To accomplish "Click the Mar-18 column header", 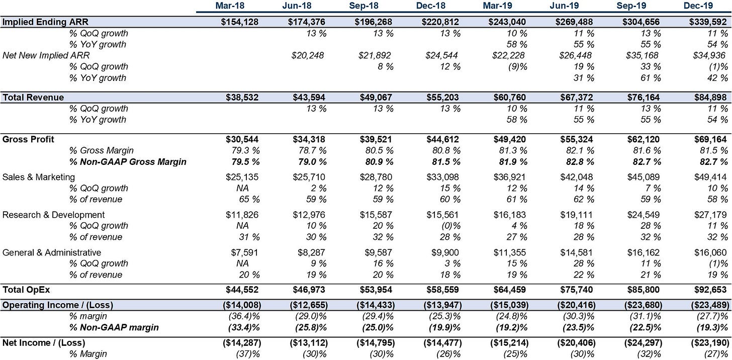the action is pos(230,6).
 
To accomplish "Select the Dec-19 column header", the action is pos(698,6).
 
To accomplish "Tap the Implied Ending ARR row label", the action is pos(45,22).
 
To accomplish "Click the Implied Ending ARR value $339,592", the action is pos(708,22).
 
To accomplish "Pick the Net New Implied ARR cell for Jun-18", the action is pos(308,55).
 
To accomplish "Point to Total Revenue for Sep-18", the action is pos(376,98).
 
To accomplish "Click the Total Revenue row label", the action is pos(33,98).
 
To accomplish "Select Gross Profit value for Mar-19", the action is pos(509,139).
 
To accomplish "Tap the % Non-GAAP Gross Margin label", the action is pos(128,162).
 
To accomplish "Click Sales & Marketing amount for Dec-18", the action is pos(442,177).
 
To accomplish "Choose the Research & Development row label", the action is pos(53,215).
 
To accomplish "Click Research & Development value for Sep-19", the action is pos(643,215).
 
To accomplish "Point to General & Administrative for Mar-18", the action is pos(244,252).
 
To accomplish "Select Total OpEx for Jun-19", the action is pos(577,290).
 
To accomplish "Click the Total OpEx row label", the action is pos(26,290).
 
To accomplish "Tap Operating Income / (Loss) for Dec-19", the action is pos(710,305).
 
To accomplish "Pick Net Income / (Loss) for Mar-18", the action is pos(242,343).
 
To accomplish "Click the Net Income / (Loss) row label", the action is pos(43,343).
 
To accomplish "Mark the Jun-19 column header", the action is pos(564,6).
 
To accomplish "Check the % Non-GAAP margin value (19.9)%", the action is pos(444,327).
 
